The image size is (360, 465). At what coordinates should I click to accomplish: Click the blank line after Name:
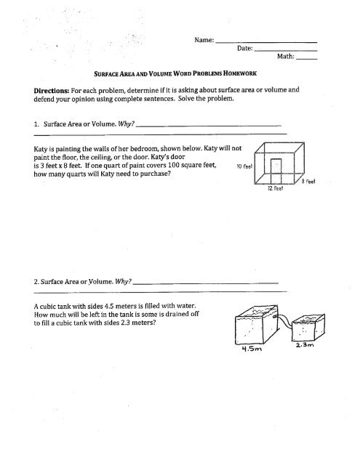(266, 43)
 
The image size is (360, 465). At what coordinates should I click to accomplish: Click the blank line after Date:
(286, 51)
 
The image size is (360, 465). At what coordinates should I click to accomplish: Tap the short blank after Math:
(307, 59)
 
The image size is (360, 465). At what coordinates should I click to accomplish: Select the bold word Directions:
(52, 90)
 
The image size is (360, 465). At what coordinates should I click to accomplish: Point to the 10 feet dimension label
(244, 166)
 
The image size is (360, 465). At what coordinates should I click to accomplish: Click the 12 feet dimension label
(276, 188)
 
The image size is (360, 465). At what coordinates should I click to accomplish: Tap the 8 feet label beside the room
(308, 181)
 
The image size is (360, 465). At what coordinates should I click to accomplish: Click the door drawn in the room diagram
(276, 171)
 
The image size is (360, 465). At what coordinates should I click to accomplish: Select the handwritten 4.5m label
(252, 349)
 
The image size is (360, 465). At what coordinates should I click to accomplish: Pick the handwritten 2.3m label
(305, 344)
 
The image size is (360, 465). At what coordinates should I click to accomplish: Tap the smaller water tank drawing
(308, 328)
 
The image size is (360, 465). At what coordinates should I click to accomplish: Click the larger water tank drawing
(257, 325)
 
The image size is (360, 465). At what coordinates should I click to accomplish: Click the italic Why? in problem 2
(123, 281)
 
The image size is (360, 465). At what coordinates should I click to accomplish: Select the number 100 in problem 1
(174, 165)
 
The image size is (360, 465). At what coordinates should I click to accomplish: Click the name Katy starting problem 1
(40, 149)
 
